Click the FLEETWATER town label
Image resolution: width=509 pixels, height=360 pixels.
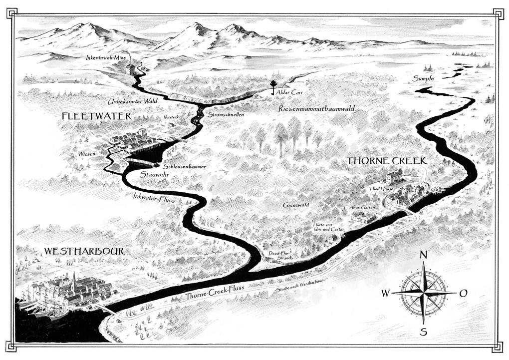96,116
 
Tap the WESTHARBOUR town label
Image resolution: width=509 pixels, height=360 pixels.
84,251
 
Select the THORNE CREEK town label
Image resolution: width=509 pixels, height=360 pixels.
387,161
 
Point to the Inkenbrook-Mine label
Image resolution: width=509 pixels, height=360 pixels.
106,58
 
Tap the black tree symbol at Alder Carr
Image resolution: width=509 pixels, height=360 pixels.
273,86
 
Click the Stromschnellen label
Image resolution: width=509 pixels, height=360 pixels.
226,115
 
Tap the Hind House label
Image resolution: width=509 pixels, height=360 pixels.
381,189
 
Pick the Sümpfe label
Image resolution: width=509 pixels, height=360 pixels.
423,79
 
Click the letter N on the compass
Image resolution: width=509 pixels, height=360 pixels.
423,255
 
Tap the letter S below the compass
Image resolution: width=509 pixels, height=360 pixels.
423,332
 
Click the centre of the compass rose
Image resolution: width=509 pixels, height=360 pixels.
423,293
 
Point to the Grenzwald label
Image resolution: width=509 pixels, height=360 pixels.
296,205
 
